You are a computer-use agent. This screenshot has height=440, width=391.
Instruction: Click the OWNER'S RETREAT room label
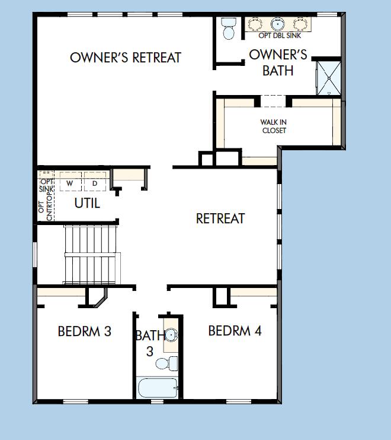tap(125, 58)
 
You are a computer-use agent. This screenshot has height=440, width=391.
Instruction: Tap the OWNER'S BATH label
tap(278, 62)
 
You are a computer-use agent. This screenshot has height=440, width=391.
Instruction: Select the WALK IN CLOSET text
tap(274, 126)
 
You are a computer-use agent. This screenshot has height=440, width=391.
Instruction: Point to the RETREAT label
tap(220, 219)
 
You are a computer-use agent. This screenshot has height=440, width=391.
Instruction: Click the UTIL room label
tap(87, 203)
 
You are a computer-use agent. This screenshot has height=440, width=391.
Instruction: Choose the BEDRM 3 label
tap(85, 331)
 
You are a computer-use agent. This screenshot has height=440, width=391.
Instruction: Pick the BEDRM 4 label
tap(235, 331)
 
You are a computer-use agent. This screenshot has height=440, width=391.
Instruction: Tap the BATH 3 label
tap(148, 343)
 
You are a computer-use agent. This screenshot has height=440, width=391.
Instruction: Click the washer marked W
tap(70, 183)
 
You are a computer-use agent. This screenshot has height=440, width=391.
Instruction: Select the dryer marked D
tap(94, 183)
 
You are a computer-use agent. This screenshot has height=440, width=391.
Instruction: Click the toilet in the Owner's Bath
tap(228, 29)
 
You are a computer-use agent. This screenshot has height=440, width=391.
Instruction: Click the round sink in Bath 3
tap(171, 335)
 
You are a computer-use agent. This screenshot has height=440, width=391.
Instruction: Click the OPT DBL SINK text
tap(279, 36)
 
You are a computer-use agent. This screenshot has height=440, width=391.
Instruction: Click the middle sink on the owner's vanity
tap(278, 24)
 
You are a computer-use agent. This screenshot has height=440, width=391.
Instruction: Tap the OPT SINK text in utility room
tap(46, 184)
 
